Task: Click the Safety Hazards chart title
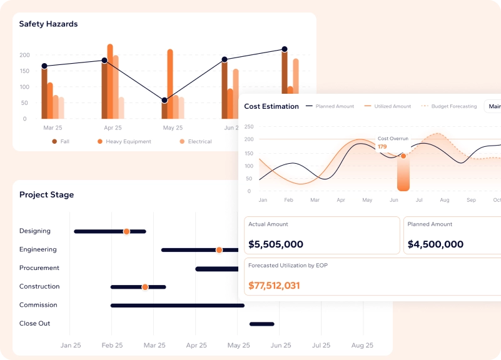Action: coord(48,24)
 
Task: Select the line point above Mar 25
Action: coord(44,66)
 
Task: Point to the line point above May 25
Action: coord(164,100)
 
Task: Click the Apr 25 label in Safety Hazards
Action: coord(113,127)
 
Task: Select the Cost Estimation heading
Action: coord(271,106)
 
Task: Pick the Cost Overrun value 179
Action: coord(382,146)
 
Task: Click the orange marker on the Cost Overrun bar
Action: coord(403,156)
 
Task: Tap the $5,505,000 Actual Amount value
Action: coord(276,244)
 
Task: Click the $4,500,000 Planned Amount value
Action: coord(435,244)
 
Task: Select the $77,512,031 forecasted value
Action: coord(274,286)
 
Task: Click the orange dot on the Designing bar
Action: coord(126,231)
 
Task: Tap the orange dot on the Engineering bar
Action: coord(219,250)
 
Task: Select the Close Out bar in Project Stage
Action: coord(262,324)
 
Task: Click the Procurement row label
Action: coord(39,267)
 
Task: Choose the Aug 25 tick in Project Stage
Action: coord(362,345)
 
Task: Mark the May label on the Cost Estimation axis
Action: coord(367,200)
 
